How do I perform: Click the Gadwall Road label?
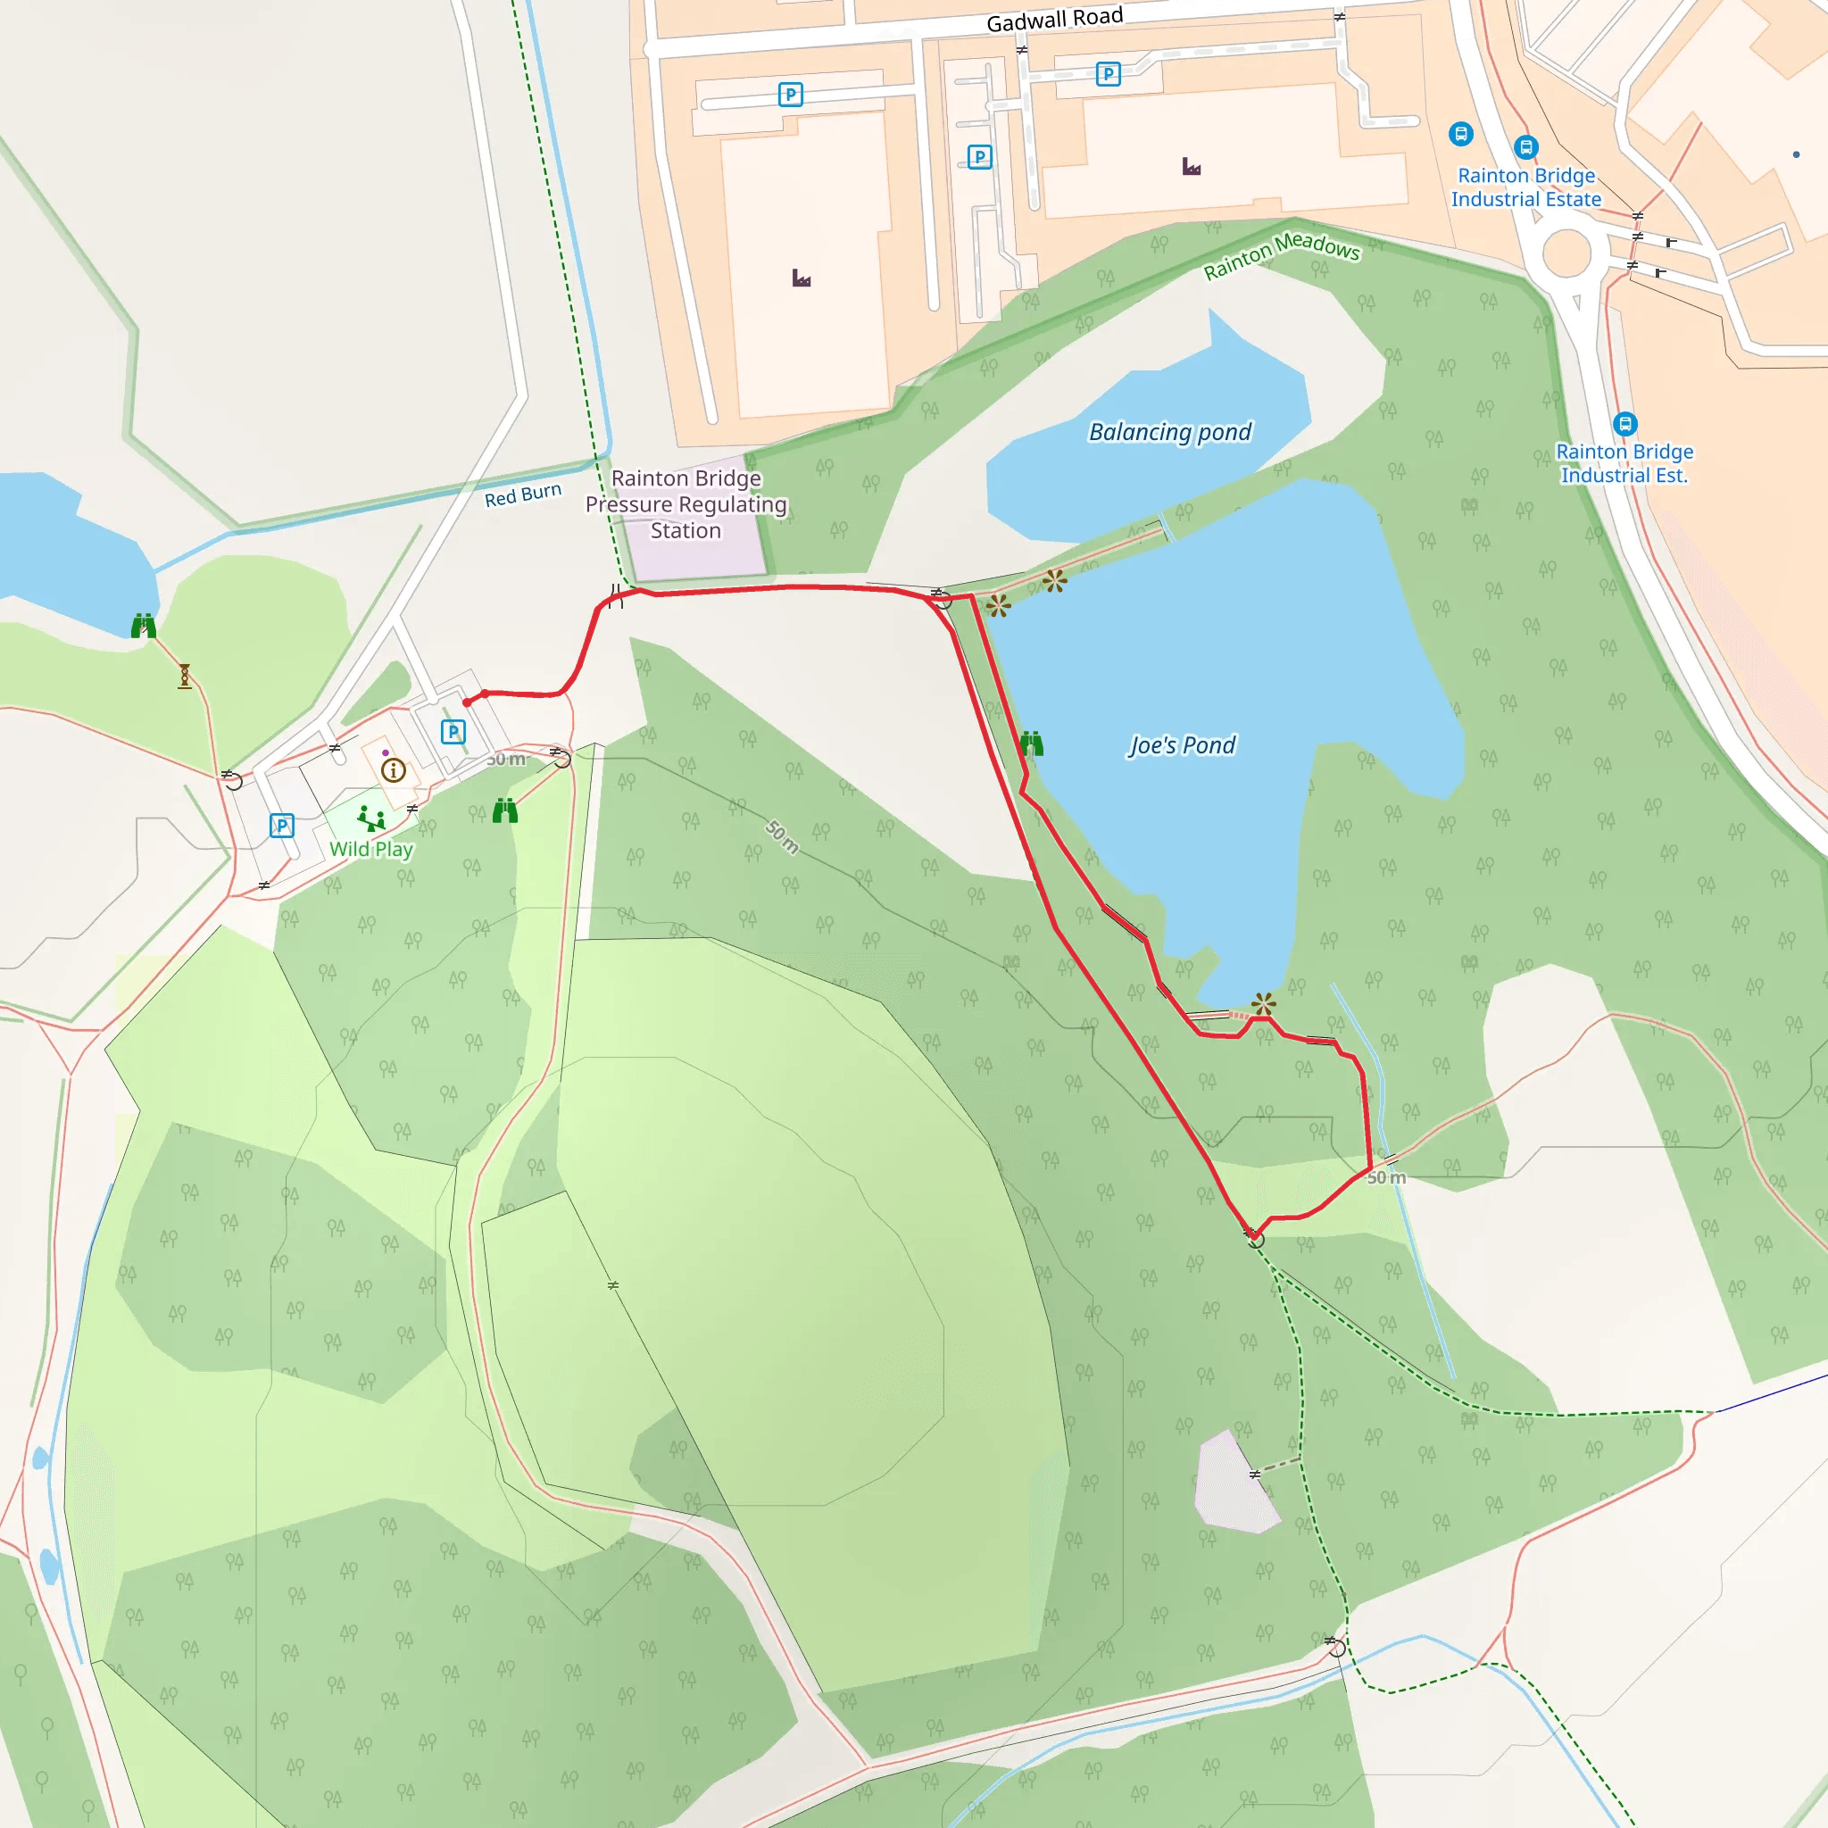click(x=1054, y=19)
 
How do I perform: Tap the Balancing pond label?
click(x=1169, y=432)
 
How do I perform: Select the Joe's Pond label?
click(x=1182, y=745)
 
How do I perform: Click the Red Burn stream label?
click(x=522, y=494)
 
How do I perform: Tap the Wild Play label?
click(x=371, y=849)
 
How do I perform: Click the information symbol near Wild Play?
click(x=394, y=770)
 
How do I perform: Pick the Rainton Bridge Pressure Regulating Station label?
click(x=686, y=504)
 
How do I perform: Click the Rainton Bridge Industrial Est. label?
click(x=1624, y=463)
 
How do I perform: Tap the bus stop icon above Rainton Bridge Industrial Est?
click(x=1624, y=423)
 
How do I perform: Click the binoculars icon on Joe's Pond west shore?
click(x=1031, y=744)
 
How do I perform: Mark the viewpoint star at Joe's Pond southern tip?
click(x=1263, y=1003)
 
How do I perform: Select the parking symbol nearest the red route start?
click(x=453, y=731)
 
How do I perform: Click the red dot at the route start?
click(x=467, y=702)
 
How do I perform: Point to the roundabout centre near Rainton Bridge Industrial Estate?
click(x=1566, y=253)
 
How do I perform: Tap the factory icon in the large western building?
click(x=802, y=278)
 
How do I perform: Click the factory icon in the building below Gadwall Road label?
click(x=1192, y=168)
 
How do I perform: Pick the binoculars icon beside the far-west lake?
click(x=143, y=626)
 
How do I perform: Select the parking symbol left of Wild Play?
click(x=281, y=825)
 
